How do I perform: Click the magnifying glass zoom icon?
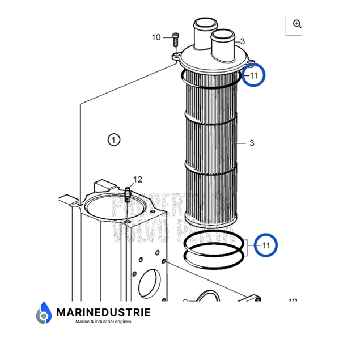point(297,24)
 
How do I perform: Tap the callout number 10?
point(156,37)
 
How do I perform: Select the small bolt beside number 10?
point(175,40)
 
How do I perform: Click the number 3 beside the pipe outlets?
point(242,41)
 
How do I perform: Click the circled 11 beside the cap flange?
point(253,75)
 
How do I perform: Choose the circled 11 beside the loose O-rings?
point(266,245)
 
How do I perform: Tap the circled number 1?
point(114,139)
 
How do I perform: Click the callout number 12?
point(138,180)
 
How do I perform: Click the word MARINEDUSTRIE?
point(104,311)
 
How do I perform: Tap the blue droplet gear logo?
point(44,314)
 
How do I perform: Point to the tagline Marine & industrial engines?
point(103,321)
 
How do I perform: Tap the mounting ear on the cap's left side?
point(175,56)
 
